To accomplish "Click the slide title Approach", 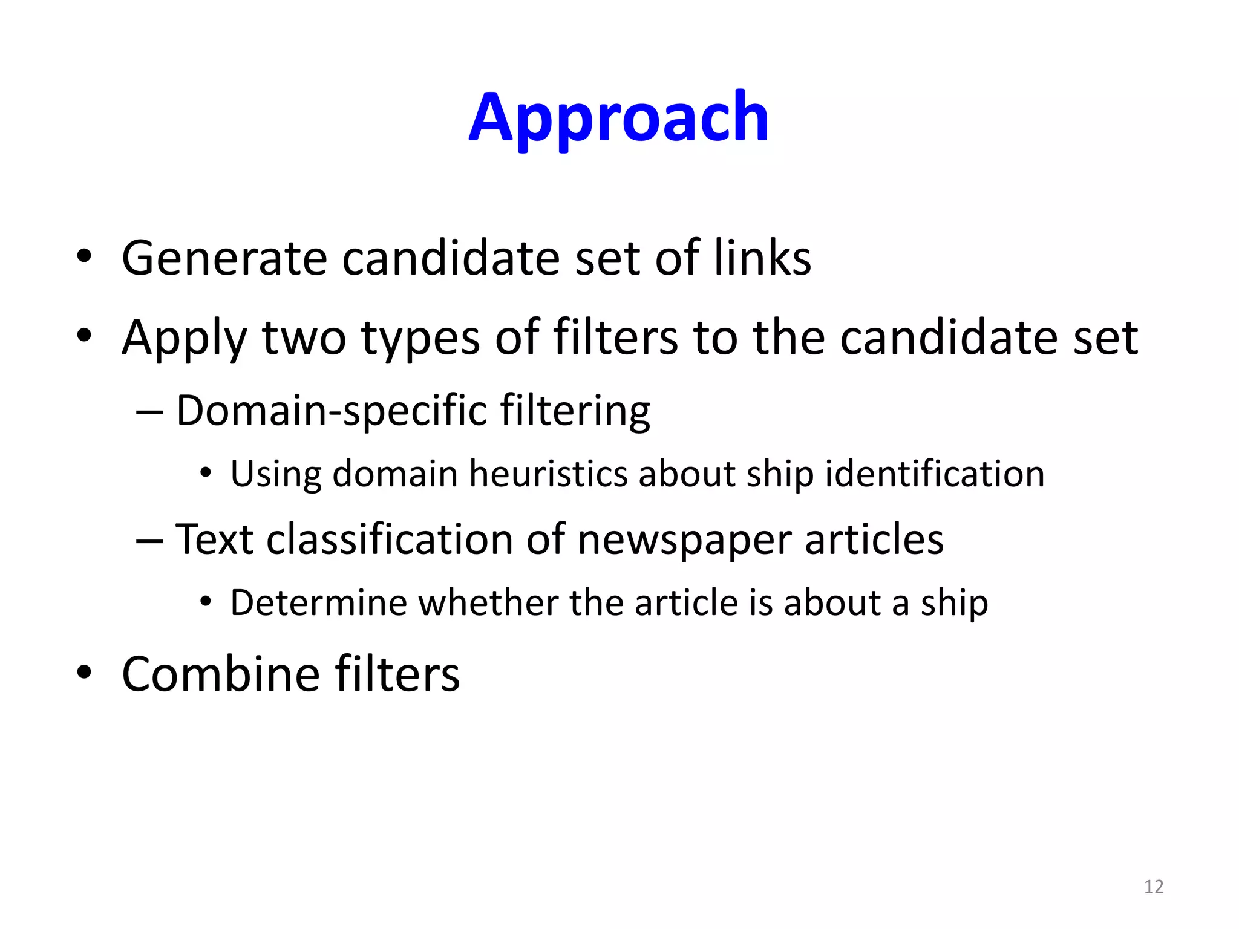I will point(618,117).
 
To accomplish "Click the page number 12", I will point(1154,887).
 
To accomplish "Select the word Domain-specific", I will point(331,411).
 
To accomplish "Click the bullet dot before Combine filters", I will point(84,672).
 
